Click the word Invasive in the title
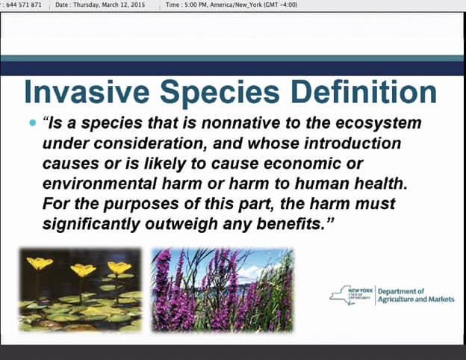pyautogui.click(x=87, y=91)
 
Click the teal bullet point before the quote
pyautogui.click(x=32, y=122)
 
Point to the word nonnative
pyautogui.click(x=240, y=122)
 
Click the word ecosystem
pyautogui.click(x=379, y=124)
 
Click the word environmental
pyautogui.click(x=99, y=184)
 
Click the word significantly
pyautogui.click(x=91, y=225)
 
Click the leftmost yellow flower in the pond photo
pyautogui.click(x=40, y=263)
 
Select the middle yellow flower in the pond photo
pyautogui.click(x=83, y=270)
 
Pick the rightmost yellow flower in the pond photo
pyautogui.click(x=119, y=267)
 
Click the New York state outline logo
pyautogui.click(x=351, y=295)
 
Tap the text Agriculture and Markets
pyautogui.click(x=416, y=300)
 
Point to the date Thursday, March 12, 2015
pyautogui.click(x=109, y=4)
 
